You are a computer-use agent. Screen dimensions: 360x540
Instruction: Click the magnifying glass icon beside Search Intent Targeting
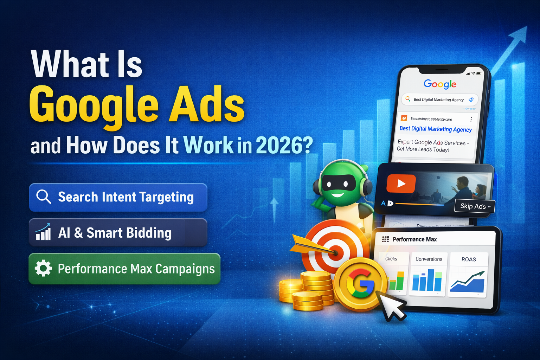pos(44,197)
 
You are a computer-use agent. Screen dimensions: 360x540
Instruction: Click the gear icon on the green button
pos(43,268)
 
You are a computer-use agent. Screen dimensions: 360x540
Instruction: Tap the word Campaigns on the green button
pos(185,269)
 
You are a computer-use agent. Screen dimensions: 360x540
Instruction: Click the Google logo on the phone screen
pos(440,84)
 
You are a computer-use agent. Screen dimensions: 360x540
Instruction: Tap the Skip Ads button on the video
pos(475,206)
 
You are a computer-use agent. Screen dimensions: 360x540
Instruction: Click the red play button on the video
pos(401,184)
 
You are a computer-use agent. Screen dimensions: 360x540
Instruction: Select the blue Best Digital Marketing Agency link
pos(436,129)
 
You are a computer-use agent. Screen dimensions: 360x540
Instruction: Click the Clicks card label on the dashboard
pos(391,259)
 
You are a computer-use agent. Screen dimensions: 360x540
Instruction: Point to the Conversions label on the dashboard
pos(429,259)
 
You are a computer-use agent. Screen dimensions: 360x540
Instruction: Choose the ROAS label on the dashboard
pos(469,259)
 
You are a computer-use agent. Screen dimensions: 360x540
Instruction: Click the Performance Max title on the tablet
pos(414,239)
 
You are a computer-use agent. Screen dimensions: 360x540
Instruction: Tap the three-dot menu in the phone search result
pos(471,119)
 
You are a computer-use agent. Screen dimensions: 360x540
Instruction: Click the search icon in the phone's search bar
pos(408,99)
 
